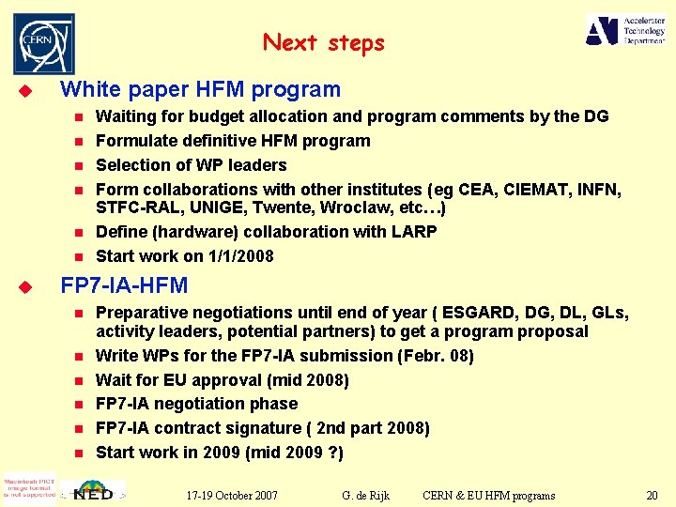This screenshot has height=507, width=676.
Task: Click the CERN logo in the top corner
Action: pos(43,43)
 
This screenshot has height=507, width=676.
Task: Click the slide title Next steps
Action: pos(324,43)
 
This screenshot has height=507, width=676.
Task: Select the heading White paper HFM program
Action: pos(200,90)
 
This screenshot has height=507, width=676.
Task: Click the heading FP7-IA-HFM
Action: pos(124,285)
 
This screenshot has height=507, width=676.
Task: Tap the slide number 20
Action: pos(652,495)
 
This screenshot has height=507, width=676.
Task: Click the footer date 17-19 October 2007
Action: pos(231,495)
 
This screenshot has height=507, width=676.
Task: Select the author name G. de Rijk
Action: pos(366,495)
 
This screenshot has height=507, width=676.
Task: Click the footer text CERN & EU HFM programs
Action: pos(488,495)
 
